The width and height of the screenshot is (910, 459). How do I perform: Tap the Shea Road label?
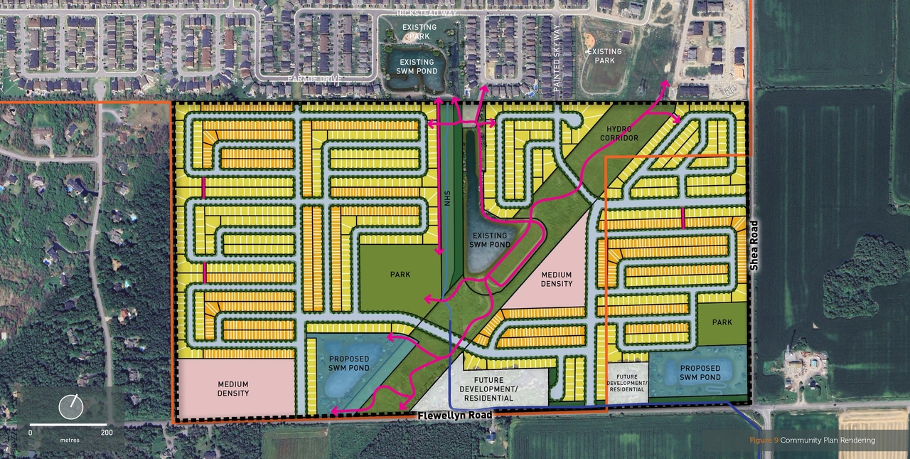pyautogui.click(x=756, y=245)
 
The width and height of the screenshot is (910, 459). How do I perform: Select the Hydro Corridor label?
pyautogui.click(x=619, y=132)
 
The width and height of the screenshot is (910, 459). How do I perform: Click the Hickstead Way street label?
pyautogui.click(x=428, y=13)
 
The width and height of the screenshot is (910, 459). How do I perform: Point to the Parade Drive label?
pyautogui.click(x=316, y=78)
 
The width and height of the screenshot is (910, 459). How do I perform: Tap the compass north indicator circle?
pyautogui.click(x=71, y=406)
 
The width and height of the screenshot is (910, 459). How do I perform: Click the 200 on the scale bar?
pyautogui.click(x=107, y=432)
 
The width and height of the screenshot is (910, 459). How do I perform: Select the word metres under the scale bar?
pyautogui.click(x=70, y=440)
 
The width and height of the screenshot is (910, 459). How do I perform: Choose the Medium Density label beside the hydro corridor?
pyautogui.click(x=556, y=279)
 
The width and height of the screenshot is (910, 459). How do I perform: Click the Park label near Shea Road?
pyautogui.click(x=722, y=322)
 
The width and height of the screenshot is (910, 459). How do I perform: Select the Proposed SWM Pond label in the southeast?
pyautogui.click(x=700, y=373)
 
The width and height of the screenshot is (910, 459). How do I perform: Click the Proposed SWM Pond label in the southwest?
pyautogui.click(x=349, y=364)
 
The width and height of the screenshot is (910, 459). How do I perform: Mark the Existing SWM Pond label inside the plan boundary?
pyautogui.click(x=490, y=240)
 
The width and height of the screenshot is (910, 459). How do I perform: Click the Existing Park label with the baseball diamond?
pyautogui.click(x=604, y=56)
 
